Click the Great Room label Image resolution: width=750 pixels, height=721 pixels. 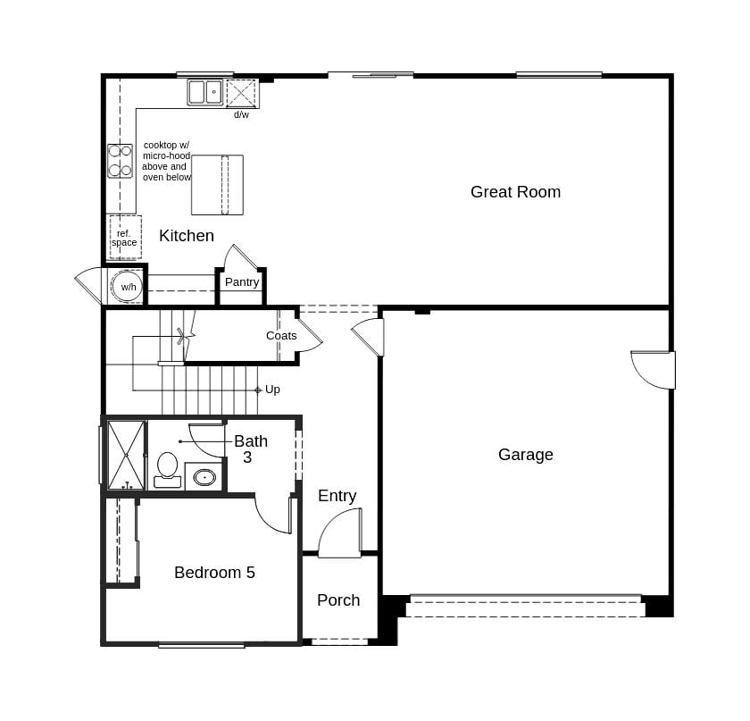click(x=515, y=191)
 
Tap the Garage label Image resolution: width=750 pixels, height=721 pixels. click(x=525, y=454)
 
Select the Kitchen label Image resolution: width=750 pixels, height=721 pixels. click(x=187, y=235)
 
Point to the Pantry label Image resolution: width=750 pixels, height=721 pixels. click(x=242, y=281)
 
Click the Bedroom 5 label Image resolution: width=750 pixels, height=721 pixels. click(x=214, y=572)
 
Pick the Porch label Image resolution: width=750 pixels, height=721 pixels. click(x=338, y=599)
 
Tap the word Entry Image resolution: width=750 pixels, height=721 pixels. click(x=337, y=495)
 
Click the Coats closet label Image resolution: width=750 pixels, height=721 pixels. click(x=281, y=335)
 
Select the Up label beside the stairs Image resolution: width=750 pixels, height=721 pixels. click(x=272, y=390)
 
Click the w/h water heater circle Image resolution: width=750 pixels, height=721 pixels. click(x=128, y=287)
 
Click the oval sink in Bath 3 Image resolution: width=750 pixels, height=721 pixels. click(x=204, y=477)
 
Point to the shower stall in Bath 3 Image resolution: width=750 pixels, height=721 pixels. click(x=126, y=455)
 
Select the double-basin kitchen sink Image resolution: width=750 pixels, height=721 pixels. click(x=205, y=92)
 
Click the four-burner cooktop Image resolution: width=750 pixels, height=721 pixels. click(x=120, y=161)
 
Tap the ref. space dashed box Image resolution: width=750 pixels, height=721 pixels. click(x=125, y=238)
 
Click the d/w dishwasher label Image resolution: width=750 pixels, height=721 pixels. click(x=241, y=114)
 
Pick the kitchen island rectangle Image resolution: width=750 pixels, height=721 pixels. click(x=217, y=185)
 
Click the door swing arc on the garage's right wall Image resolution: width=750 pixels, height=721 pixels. click(x=653, y=369)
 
